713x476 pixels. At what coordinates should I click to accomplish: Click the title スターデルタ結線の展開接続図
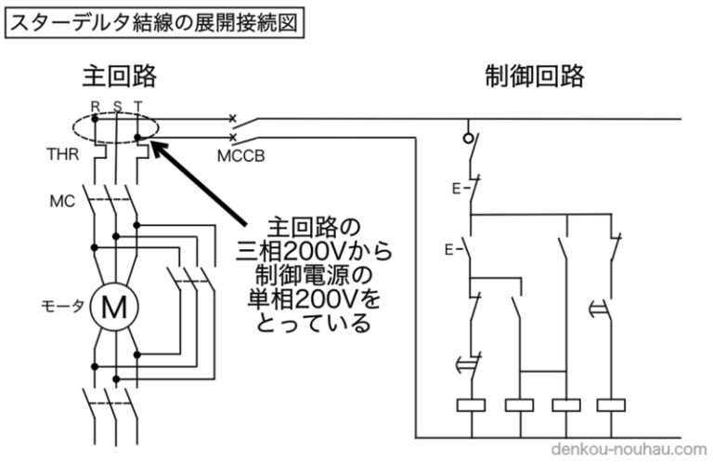pyautogui.click(x=154, y=22)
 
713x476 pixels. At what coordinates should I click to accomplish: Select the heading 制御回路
pyautogui.click(x=536, y=75)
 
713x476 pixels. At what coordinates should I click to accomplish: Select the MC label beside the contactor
pyautogui.click(x=61, y=200)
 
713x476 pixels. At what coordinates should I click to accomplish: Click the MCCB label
pyautogui.click(x=241, y=155)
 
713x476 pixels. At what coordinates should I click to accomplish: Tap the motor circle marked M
pyautogui.click(x=113, y=306)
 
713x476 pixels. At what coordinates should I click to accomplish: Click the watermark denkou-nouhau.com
pyautogui.click(x=629, y=449)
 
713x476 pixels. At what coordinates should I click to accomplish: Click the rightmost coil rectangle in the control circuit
pyautogui.click(x=611, y=405)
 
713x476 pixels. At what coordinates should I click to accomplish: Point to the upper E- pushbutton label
pyautogui.click(x=458, y=189)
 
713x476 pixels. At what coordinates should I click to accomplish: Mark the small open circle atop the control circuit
pyautogui.click(x=470, y=137)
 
